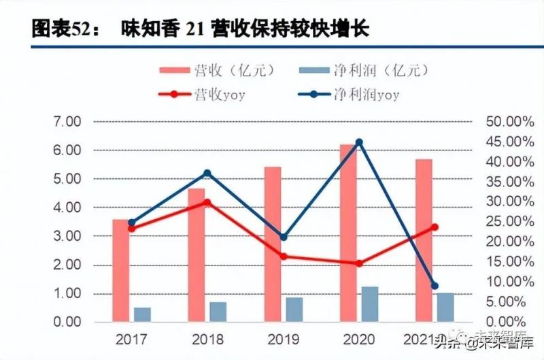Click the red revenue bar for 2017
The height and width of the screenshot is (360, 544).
[121, 270]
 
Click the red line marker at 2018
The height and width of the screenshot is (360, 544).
[207, 202]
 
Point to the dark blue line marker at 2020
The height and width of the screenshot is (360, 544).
[359, 142]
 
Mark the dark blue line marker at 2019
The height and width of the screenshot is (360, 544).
[284, 238]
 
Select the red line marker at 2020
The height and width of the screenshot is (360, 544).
[359, 263]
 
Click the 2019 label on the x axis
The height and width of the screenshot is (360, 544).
[284, 338]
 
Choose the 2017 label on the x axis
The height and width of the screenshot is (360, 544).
[131, 338]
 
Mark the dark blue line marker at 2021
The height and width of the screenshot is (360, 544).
[435, 286]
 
